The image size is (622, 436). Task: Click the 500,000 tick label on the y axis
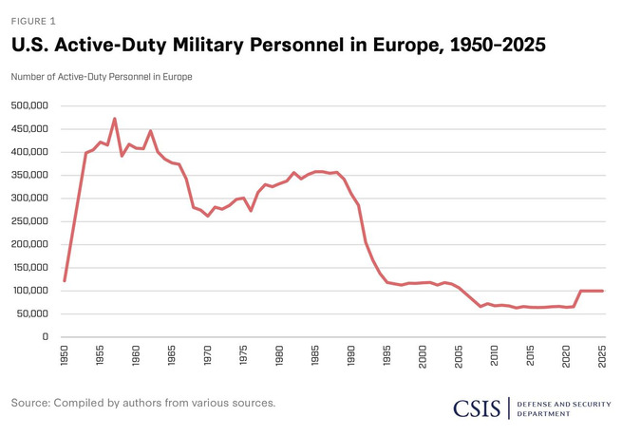(x=29, y=105)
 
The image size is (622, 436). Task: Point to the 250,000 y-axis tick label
(x=29, y=221)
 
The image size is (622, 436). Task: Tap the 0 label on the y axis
(x=46, y=336)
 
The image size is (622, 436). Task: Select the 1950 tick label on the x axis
(x=65, y=355)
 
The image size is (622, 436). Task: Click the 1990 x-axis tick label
(x=351, y=355)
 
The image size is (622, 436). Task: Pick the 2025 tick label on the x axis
(x=602, y=356)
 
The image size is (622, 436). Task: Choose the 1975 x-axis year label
(x=243, y=355)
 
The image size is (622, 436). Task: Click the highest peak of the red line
(x=115, y=118)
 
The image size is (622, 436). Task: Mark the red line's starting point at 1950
(x=65, y=281)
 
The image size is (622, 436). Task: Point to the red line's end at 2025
(x=602, y=291)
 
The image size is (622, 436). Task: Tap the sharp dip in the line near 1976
(x=251, y=210)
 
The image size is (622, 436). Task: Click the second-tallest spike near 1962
(x=150, y=130)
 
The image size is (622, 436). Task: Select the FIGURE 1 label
(x=33, y=22)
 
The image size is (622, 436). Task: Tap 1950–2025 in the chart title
(x=498, y=45)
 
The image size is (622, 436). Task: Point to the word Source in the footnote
(x=30, y=403)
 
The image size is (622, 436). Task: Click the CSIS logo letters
(x=477, y=408)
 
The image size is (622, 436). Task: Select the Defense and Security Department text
(x=564, y=409)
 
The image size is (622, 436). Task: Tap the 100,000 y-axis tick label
(x=30, y=291)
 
